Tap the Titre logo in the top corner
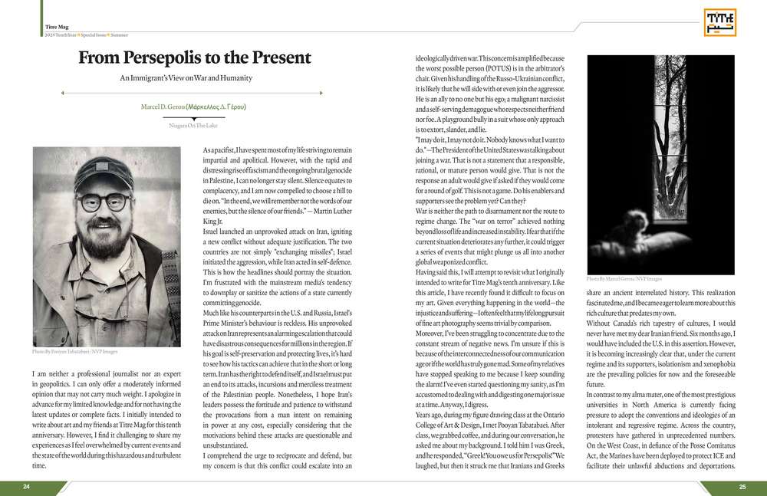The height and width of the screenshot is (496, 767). [x=719, y=22]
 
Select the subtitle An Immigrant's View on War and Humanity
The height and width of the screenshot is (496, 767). [x=186, y=78]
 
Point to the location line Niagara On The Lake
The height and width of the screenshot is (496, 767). [x=193, y=125]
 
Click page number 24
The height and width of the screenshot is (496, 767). [x=27, y=487]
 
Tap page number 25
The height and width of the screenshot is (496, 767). [x=742, y=487]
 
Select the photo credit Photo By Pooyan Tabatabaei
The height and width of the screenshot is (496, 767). [x=75, y=352]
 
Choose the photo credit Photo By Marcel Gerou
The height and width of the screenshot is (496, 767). [x=624, y=279]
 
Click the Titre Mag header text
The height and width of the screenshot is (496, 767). [x=58, y=27]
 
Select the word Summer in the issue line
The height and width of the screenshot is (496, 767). [x=119, y=36]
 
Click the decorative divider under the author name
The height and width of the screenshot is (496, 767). [x=193, y=117]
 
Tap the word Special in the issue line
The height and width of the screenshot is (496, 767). [x=92, y=36]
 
